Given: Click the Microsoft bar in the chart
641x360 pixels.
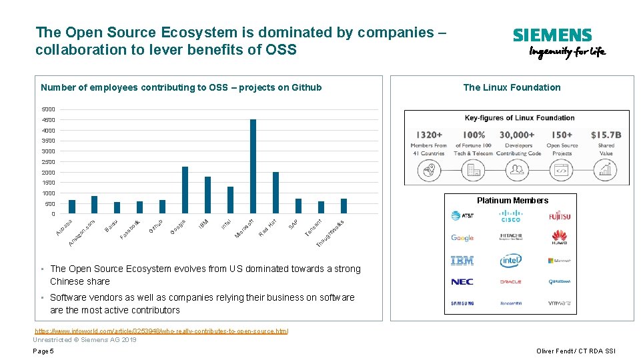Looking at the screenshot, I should click(x=253, y=167).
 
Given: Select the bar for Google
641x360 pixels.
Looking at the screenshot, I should click(x=185, y=190).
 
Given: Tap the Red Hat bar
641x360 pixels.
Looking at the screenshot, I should click(x=275, y=193).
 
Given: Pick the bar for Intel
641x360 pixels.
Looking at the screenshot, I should click(x=230, y=200).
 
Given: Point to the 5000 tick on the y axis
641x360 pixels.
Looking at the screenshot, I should click(x=49, y=109).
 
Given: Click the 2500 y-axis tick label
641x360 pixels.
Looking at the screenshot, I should click(x=49, y=162).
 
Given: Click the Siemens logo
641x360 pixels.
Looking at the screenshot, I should click(x=552, y=35).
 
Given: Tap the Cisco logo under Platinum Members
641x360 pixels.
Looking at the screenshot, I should click(x=510, y=216).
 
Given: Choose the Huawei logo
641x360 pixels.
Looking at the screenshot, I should click(x=560, y=237).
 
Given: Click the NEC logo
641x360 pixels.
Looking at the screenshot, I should click(x=462, y=282).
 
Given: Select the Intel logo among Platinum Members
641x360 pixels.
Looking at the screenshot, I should click(x=510, y=261).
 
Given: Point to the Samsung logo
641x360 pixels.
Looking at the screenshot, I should click(x=462, y=303).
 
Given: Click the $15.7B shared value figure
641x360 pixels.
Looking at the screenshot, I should click(x=606, y=135).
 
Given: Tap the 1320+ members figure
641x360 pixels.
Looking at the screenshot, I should click(x=428, y=135).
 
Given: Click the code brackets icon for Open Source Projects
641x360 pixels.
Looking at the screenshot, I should click(x=562, y=171).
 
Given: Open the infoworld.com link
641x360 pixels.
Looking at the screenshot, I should click(x=161, y=331).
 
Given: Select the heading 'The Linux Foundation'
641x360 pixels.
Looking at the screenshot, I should click(x=512, y=87).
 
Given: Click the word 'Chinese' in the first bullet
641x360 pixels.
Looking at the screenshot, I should click(x=66, y=281).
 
